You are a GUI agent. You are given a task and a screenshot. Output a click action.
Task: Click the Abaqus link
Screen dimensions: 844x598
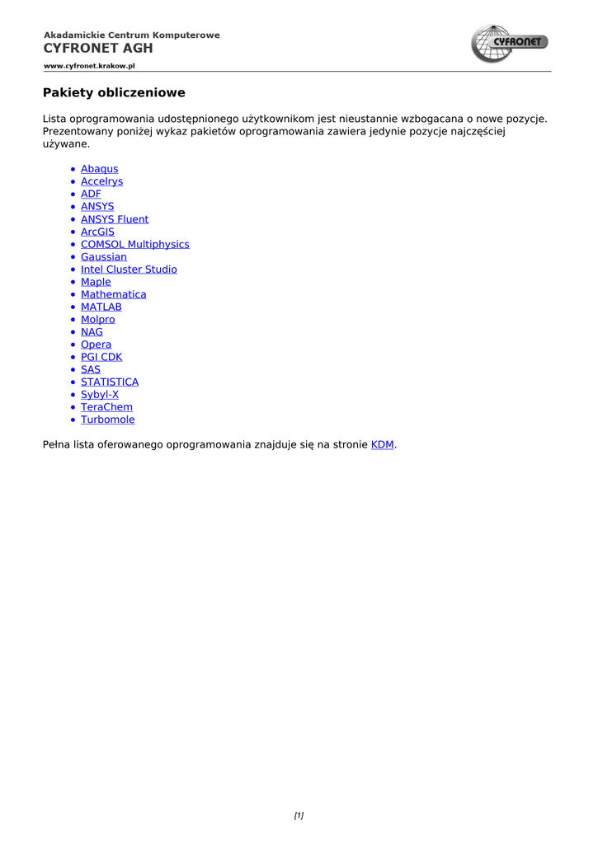pyautogui.click(x=99, y=169)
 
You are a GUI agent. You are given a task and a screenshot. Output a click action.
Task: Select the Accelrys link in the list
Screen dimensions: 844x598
pyautogui.click(x=101, y=181)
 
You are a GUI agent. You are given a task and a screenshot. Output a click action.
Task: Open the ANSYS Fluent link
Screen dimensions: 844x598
pyautogui.click(x=115, y=219)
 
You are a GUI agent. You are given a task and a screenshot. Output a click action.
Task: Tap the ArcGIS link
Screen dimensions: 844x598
pyautogui.click(x=97, y=232)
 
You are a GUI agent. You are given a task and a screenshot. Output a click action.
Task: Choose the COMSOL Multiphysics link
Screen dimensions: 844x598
pyautogui.click(x=134, y=245)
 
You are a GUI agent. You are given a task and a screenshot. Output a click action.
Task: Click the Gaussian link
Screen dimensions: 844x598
pyautogui.click(x=103, y=257)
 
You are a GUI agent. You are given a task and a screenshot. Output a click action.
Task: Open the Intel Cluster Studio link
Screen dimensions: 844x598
pyautogui.click(x=129, y=270)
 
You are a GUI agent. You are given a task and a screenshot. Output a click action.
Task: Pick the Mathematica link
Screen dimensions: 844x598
pyautogui.click(x=113, y=294)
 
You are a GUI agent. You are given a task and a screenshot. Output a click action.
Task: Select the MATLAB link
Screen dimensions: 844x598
pyautogui.click(x=101, y=307)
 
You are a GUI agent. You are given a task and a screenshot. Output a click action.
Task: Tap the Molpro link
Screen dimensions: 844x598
pyautogui.click(x=97, y=320)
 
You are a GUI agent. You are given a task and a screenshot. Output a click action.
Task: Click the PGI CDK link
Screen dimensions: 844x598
pyautogui.click(x=101, y=357)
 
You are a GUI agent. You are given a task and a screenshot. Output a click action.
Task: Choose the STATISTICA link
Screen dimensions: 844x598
pyautogui.click(x=110, y=382)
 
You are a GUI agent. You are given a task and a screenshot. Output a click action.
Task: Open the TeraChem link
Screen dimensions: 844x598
pyautogui.click(x=106, y=407)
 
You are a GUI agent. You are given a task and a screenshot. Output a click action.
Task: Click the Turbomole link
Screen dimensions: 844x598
pyautogui.click(x=107, y=420)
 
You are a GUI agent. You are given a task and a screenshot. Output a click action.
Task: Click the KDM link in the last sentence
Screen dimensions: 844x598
pyautogui.click(x=382, y=445)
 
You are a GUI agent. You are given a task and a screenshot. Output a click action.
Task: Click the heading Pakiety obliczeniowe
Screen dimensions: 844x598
pyautogui.click(x=114, y=92)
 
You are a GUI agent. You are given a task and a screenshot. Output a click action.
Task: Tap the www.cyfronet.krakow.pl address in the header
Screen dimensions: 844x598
pyautogui.click(x=89, y=66)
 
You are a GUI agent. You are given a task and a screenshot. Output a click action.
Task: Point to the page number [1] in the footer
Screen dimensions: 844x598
pyautogui.click(x=299, y=816)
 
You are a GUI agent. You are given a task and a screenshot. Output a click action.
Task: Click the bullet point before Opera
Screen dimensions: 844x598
pyautogui.click(x=73, y=345)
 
